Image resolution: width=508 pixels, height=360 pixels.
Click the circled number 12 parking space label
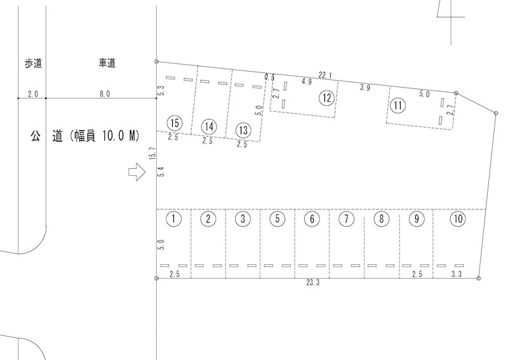tap(327, 98)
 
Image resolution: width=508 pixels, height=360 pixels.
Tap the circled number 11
tap(398, 105)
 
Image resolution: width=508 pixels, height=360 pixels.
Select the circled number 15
tap(174, 123)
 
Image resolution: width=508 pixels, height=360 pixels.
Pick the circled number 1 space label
tap(173, 218)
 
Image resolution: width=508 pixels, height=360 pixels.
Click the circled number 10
tap(458, 219)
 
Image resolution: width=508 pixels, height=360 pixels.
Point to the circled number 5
tap(277, 218)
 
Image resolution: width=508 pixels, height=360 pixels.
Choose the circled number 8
tap(382, 218)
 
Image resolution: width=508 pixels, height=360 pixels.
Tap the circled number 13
tap(243, 130)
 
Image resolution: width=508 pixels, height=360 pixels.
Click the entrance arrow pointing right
tap(137, 171)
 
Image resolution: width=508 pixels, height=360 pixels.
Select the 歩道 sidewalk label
tap(33, 63)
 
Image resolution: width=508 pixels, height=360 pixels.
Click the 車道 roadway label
tap(107, 63)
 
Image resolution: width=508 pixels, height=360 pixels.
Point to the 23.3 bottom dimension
tap(313, 283)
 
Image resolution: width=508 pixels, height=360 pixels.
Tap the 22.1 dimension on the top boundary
tap(325, 76)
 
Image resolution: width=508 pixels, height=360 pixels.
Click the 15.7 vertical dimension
tap(153, 153)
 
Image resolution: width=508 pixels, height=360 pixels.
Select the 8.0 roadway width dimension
tap(105, 94)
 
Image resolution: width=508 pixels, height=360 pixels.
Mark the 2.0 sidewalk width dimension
tap(33, 95)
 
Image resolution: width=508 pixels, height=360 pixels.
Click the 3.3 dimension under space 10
tap(456, 274)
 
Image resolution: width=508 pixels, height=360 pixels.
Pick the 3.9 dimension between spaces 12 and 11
tap(364, 88)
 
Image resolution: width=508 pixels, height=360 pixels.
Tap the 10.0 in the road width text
tap(113, 135)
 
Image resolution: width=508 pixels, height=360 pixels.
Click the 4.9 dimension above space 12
tap(307, 82)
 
